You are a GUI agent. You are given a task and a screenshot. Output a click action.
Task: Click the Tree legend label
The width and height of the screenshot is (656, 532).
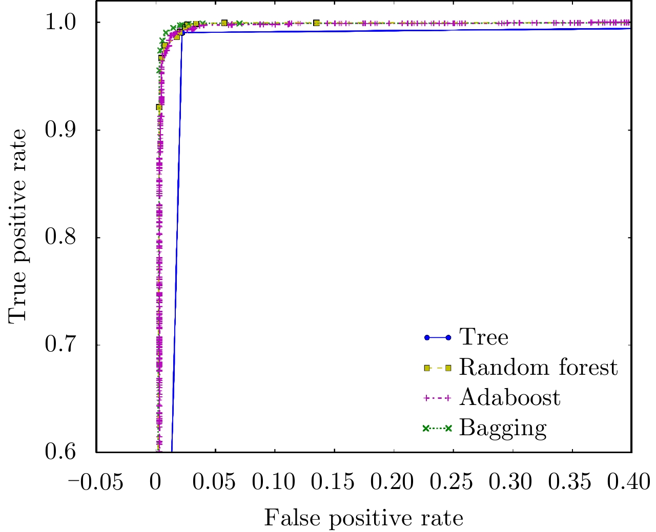tap(483, 337)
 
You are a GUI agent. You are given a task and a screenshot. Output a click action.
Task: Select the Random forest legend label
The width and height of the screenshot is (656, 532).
tap(538, 368)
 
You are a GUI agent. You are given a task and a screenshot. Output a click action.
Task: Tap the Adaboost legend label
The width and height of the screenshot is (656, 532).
tap(509, 398)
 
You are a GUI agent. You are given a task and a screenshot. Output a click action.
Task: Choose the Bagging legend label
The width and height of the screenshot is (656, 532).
tap(503, 429)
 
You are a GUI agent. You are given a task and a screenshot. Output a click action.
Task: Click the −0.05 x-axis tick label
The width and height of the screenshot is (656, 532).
tap(96, 482)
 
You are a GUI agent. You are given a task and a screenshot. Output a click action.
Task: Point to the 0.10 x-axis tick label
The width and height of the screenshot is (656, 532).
tap(275, 482)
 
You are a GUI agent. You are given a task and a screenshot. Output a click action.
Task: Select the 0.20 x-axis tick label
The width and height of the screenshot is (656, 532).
tap(394, 482)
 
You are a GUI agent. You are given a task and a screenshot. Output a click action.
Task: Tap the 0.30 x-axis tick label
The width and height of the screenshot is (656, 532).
tap(512, 482)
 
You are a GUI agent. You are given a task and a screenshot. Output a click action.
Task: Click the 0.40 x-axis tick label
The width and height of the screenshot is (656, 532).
tap(630, 482)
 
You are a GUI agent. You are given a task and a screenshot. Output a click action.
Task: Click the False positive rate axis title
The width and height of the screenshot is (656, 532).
tap(363, 518)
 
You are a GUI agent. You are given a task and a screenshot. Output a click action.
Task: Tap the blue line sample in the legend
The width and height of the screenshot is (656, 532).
tap(437, 337)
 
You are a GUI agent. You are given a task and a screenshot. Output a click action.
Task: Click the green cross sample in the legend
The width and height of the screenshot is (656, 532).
tap(437, 429)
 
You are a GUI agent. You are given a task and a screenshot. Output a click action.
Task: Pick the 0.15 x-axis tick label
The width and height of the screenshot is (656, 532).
tap(334, 482)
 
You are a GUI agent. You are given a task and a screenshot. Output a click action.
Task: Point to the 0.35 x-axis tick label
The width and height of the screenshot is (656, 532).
tap(572, 482)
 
